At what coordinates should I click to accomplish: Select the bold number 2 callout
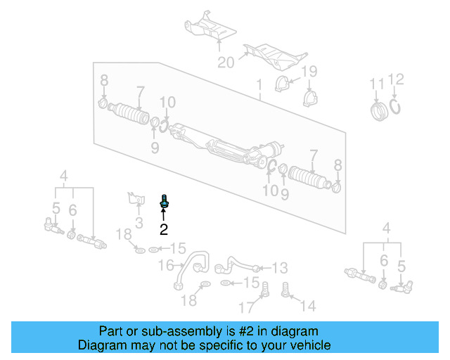coord(164,229)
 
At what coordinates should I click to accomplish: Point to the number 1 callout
coord(259,85)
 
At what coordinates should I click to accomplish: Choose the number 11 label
coord(378,84)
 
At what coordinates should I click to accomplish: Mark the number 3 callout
coord(139,223)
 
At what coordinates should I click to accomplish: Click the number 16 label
coord(166,265)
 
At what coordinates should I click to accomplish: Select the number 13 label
coord(280,268)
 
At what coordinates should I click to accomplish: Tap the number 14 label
coord(309,305)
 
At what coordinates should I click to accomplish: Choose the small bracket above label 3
coord(132,200)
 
